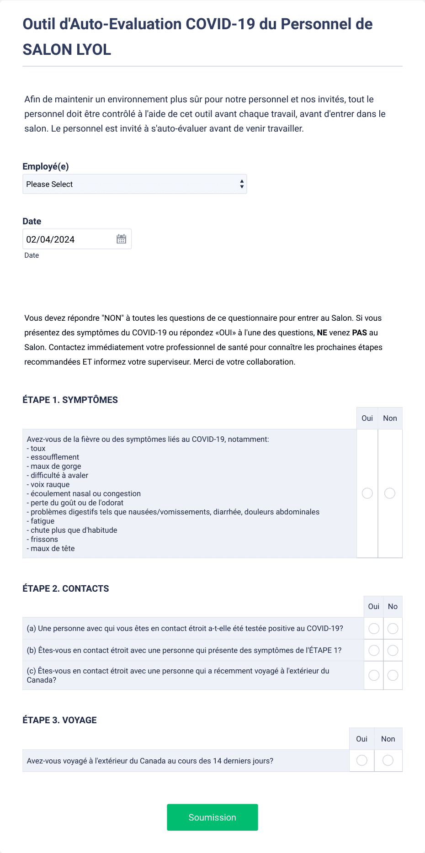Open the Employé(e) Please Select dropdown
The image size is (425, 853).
[x=134, y=184]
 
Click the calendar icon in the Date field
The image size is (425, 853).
[x=121, y=239]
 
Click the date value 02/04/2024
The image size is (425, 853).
[x=50, y=239]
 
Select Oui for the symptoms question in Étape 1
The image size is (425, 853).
[x=367, y=493]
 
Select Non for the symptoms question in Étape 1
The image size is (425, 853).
[x=390, y=493]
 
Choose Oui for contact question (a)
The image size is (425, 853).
[x=374, y=629]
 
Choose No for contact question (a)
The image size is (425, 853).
[x=393, y=629]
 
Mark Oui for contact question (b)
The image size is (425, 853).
[x=374, y=650]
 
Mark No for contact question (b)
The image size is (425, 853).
[x=393, y=650]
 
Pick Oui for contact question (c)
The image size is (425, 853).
[x=374, y=675]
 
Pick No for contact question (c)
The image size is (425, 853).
[x=393, y=675]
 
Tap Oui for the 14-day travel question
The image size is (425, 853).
[x=361, y=760]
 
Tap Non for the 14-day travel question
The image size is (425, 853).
[x=388, y=760]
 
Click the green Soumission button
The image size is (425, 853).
[x=212, y=817]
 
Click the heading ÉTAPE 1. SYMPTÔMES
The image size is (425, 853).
[x=70, y=400]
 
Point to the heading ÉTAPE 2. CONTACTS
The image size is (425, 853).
[x=66, y=588]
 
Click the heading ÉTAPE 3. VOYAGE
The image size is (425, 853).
[x=60, y=720]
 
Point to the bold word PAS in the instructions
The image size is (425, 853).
[x=360, y=333]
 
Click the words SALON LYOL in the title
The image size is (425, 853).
[x=67, y=49]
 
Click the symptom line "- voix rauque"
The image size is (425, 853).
[x=48, y=484]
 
